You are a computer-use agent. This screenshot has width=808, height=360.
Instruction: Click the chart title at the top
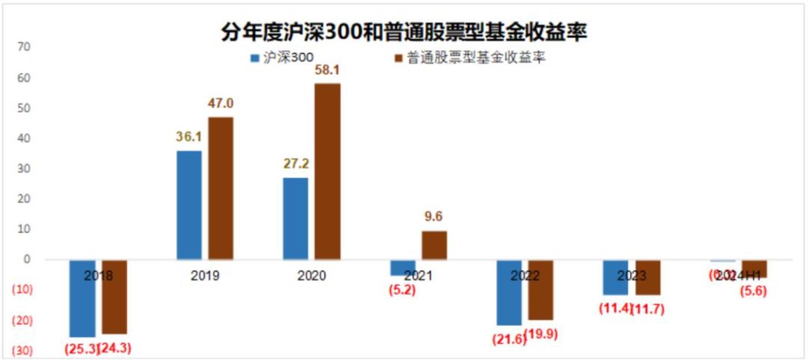(404, 33)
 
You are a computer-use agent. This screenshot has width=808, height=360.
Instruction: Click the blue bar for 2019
(189, 205)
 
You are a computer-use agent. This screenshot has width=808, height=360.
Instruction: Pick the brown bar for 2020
(327, 172)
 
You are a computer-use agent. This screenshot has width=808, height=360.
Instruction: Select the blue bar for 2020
(295, 218)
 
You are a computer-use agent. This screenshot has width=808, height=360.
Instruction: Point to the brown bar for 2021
(434, 245)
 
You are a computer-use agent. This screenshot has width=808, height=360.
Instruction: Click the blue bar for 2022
(509, 292)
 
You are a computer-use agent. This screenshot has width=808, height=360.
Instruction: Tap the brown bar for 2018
(114, 296)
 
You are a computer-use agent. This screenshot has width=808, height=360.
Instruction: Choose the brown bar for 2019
(221, 188)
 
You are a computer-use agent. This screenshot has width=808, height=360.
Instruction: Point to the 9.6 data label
(434, 218)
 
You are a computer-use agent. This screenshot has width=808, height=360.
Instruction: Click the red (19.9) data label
(542, 334)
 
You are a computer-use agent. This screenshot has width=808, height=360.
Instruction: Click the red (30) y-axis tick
(23, 351)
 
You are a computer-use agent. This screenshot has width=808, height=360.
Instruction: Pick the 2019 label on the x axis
(205, 276)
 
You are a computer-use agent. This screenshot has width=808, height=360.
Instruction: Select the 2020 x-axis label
(311, 276)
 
